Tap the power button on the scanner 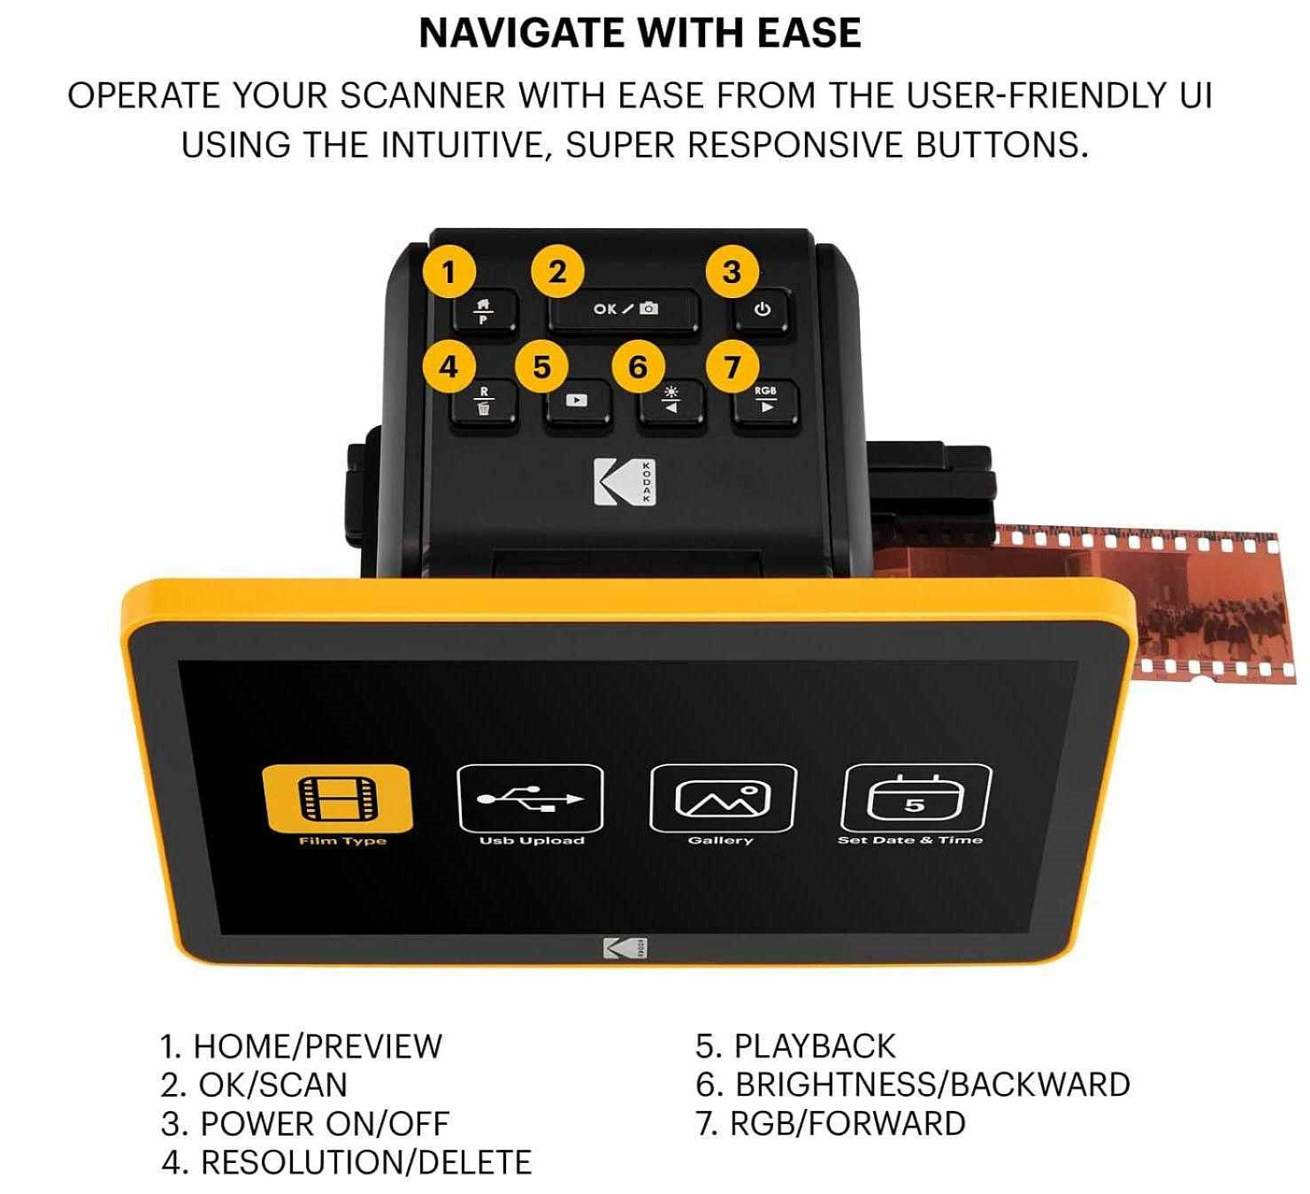(x=762, y=311)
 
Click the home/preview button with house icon (x=485, y=311)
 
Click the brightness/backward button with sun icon (x=670, y=402)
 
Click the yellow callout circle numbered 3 (x=732, y=272)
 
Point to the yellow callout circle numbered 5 (x=541, y=366)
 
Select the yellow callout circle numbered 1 (x=448, y=272)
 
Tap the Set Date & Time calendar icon (x=915, y=798)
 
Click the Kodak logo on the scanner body (x=624, y=482)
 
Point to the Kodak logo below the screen (x=625, y=949)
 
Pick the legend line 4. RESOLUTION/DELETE (x=346, y=1163)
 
